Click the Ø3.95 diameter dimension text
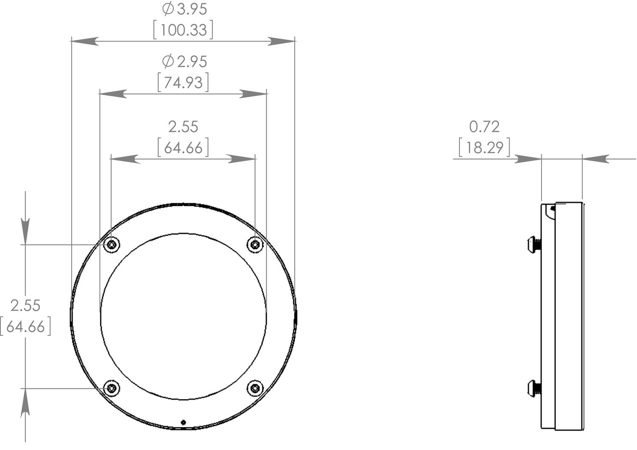[x=185, y=9]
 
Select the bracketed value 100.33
[x=183, y=30]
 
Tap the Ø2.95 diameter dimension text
[x=185, y=62]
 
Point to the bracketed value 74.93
[x=183, y=82]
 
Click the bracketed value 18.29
[x=485, y=147]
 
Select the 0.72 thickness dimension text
[x=484, y=127]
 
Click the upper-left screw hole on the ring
[x=111, y=245]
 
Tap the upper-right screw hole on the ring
[x=255, y=244]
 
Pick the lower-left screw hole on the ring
[x=111, y=388]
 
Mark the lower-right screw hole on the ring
[x=255, y=388]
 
